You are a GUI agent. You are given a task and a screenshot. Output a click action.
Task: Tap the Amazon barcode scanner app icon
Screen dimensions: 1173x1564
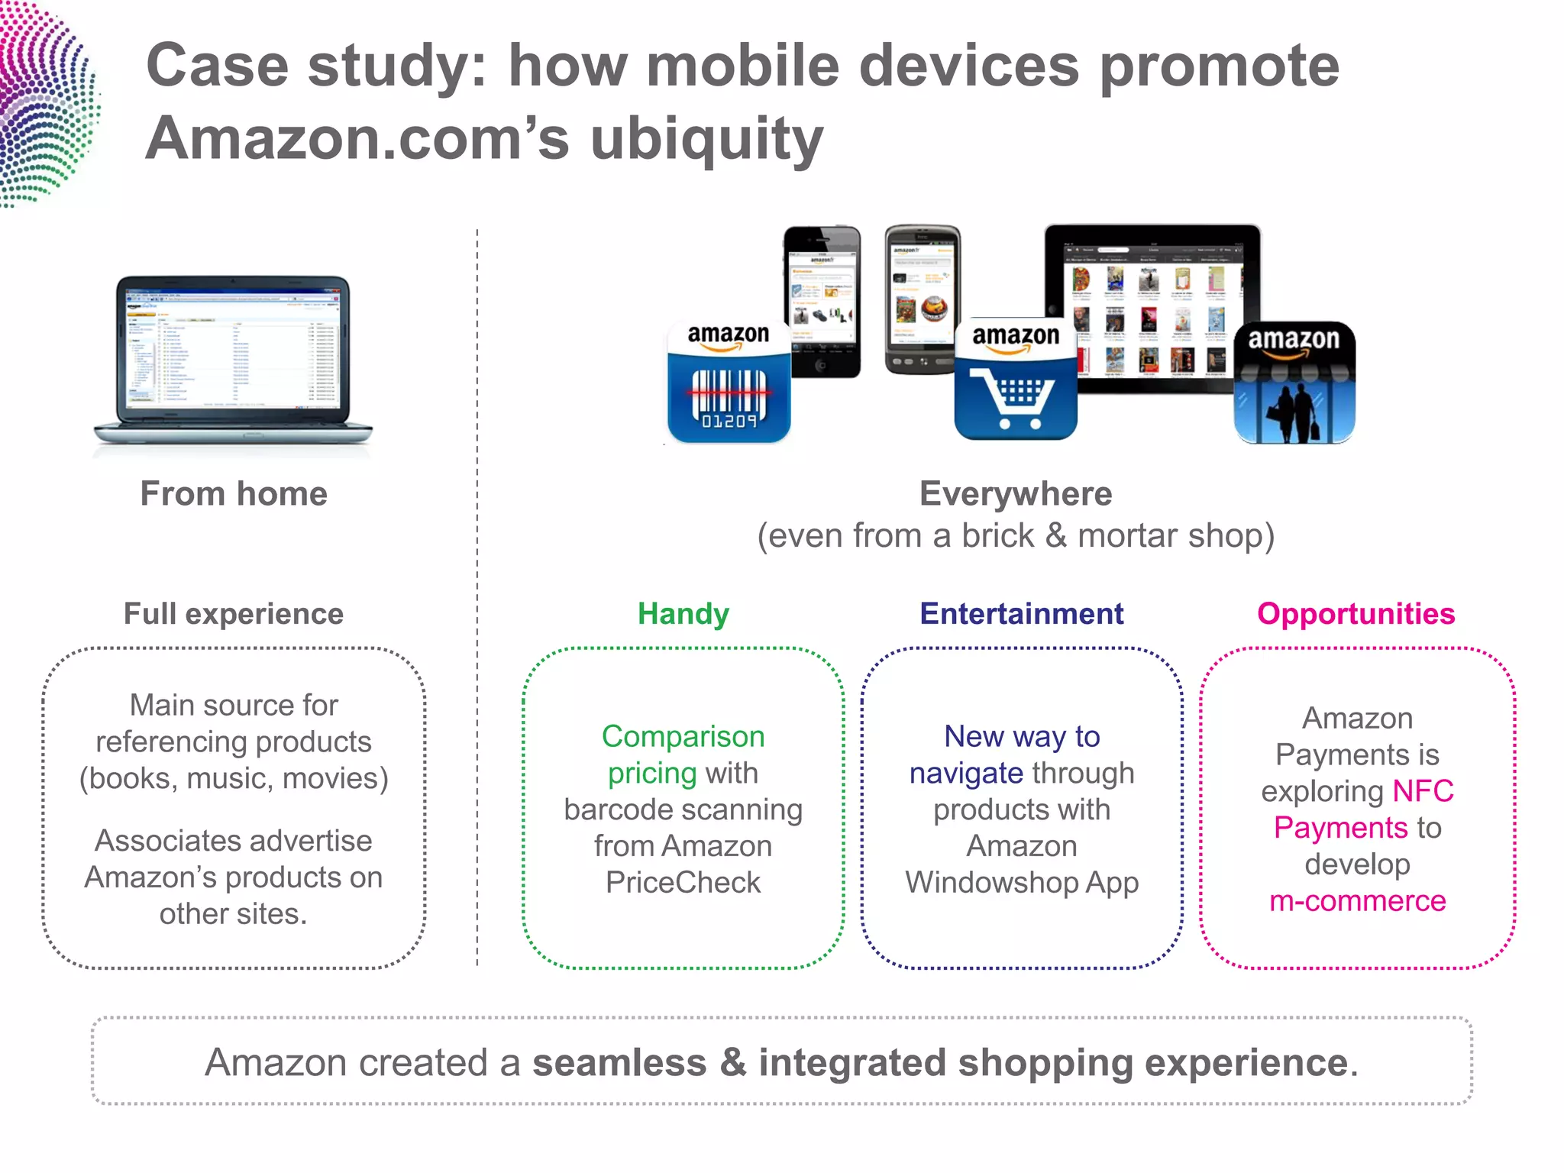click(x=729, y=383)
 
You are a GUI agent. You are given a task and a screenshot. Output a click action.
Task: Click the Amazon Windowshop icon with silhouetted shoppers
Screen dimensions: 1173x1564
click(x=1294, y=383)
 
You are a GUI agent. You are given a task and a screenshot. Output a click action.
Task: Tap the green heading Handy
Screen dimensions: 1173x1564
click(x=683, y=614)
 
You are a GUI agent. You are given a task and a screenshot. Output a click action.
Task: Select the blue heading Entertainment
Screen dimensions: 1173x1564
click(x=1021, y=614)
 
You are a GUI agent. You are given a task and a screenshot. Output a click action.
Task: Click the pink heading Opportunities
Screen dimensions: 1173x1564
click(x=1356, y=614)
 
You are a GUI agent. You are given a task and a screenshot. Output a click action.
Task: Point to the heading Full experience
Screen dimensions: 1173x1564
click(x=234, y=614)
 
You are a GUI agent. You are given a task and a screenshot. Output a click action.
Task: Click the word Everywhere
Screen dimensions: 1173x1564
click(x=1015, y=494)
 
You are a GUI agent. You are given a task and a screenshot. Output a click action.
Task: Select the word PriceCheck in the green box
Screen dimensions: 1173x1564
click(x=683, y=883)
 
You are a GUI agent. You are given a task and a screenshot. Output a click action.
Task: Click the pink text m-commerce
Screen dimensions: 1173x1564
click(x=1357, y=901)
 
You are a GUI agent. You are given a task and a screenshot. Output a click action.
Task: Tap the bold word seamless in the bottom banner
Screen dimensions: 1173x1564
click(x=619, y=1062)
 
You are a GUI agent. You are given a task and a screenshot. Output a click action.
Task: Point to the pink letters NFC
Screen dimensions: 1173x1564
click(x=1423, y=791)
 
